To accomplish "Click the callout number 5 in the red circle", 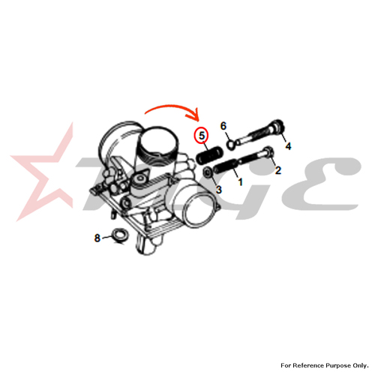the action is (x=202, y=136).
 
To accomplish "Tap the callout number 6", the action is (x=223, y=126).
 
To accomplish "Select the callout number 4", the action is (x=288, y=146).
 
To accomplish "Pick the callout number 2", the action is (x=278, y=170).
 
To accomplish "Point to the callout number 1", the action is (x=240, y=181).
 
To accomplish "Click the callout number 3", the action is (x=219, y=190).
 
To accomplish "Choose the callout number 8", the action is (x=97, y=238).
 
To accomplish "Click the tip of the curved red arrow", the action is (x=199, y=121).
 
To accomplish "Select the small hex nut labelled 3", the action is (x=207, y=172).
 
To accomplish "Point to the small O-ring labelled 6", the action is (x=231, y=144).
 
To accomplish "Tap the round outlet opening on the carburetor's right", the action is (x=200, y=208).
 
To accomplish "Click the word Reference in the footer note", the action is (x=307, y=365).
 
